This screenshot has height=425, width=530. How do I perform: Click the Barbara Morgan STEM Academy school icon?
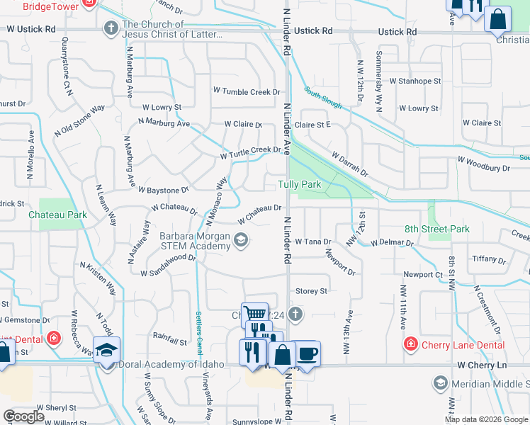tap(241, 240)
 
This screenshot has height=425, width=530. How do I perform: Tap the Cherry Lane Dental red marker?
tap(410, 345)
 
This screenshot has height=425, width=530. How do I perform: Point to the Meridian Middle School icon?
tap(440, 383)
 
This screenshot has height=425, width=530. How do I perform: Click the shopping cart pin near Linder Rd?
tap(254, 314)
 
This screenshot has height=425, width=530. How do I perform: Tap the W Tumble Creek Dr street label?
tap(248, 91)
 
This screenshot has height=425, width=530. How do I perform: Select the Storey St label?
tap(311, 290)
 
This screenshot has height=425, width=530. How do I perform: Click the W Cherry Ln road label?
tap(484, 364)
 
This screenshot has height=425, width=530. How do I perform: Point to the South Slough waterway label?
tap(323, 98)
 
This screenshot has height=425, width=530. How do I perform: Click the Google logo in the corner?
tap(23, 416)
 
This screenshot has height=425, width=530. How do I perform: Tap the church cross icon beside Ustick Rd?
tap(110, 29)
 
